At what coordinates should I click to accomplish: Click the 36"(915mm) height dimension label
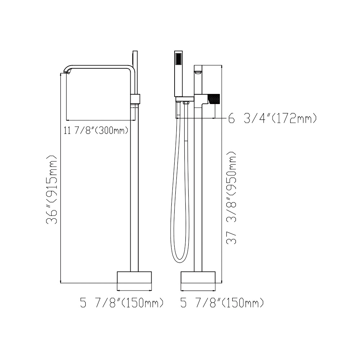click(x=52, y=190)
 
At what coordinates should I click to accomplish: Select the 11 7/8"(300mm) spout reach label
click(x=96, y=130)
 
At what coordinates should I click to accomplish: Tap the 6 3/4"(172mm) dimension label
click(x=273, y=118)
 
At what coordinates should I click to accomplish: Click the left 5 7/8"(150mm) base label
click(x=122, y=303)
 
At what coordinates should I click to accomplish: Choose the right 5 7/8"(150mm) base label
click(x=222, y=303)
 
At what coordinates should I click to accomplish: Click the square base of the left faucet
click(x=134, y=278)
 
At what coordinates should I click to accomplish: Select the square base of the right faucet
click(x=198, y=278)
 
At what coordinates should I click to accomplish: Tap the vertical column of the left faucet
click(x=134, y=187)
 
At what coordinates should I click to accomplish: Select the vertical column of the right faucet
click(x=198, y=187)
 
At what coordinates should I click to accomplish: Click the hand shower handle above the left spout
click(x=135, y=59)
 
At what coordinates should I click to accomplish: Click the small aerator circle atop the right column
click(x=197, y=73)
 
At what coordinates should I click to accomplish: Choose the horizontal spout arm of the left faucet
click(x=101, y=67)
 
